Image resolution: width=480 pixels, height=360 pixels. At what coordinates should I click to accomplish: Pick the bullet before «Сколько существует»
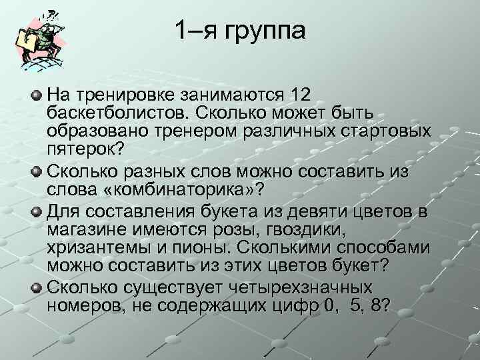click(37, 288)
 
